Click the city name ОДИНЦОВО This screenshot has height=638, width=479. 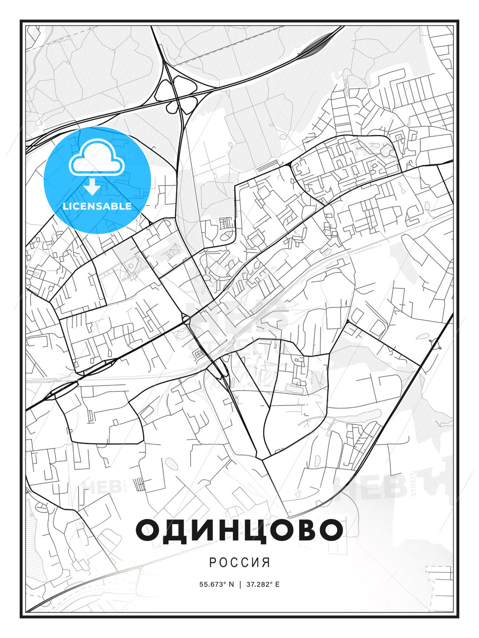pyautogui.click(x=239, y=529)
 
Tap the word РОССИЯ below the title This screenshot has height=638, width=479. pyautogui.click(x=239, y=562)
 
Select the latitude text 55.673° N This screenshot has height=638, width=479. pyautogui.click(x=216, y=584)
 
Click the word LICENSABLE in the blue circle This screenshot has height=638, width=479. pyautogui.click(x=97, y=206)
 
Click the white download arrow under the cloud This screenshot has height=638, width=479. pyautogui.click(x=92, y=187)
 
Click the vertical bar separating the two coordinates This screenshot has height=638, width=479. pyautogui.click(x=239, y=584)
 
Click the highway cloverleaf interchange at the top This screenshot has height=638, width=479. pyautogui.click(x=177, y=89)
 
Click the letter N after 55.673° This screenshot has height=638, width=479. pyautogui.click(x=231, y=584)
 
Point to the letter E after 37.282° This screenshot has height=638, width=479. pyautogui.click(x=278, y=584)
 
